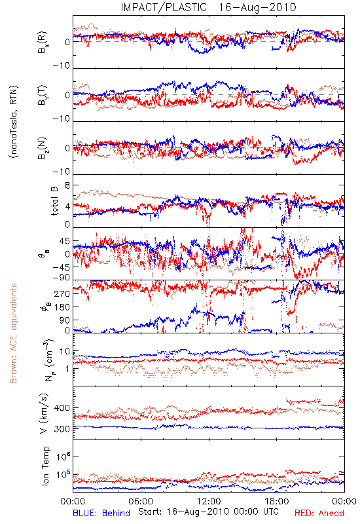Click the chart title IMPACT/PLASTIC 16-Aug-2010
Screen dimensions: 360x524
(208, 7)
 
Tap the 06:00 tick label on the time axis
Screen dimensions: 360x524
(141, 501)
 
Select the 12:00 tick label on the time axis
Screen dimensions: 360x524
(209, 501)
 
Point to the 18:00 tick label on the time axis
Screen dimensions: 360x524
(277, 501)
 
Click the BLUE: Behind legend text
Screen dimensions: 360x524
(101, 513)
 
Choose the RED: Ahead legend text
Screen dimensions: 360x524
(319, 513)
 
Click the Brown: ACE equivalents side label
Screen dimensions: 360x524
(13, 333)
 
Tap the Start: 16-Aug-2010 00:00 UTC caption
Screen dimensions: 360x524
(208, 512)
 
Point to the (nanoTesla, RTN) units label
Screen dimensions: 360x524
(14, 122)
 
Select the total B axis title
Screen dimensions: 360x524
(54, 201)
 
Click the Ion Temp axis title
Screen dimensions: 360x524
(45, 466)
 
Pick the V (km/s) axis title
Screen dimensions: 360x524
(44, 413)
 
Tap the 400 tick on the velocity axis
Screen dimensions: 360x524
(62, 407)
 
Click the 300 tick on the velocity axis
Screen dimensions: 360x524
(62, 429)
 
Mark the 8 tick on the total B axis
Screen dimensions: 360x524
(67, 185)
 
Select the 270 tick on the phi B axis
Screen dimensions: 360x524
(62, 293)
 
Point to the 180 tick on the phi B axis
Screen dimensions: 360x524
(62, 307)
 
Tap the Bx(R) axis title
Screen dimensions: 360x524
(43, 43)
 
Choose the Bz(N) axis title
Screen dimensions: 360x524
(43, 148)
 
